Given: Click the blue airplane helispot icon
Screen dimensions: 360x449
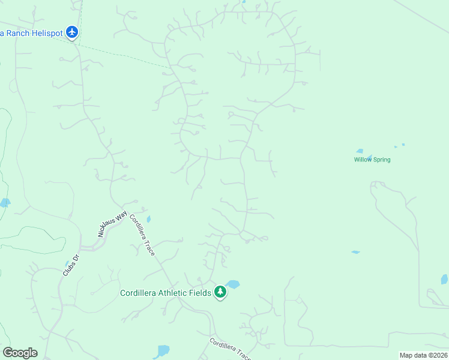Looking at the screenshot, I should pyautogui.click(x=73, y=32).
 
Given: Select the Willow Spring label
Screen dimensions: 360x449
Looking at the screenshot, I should pyautogui.click(x=372, y=160).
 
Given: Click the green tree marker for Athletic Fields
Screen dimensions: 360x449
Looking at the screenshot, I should pyautogui.click(x=220, y=292).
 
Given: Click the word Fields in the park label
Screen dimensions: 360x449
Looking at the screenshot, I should pyautogui.click(x=197, y=293).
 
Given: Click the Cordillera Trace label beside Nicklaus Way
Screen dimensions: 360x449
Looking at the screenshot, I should pyautogui.click(x=143, y=235).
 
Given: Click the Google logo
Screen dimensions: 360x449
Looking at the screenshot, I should pyautogui.click(x=20, y=352).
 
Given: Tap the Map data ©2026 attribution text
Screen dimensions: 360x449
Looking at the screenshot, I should pyautogui.click(x=423, y=355).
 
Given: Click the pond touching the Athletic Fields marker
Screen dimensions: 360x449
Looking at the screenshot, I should pyautogui.click(x=233, y=284).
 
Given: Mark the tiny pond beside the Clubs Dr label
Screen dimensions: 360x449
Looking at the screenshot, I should pyautogui.click(x=67, y=263).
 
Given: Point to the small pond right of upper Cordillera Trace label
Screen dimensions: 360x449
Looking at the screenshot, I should pyautogui.click(x=149, y=219).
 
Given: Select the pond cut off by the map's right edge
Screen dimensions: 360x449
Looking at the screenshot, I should pyautogui.click(x=444, y=279).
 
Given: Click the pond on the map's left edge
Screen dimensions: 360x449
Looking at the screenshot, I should pyautogui.click(x=5, y=203).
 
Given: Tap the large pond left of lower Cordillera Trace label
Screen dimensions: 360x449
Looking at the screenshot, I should pyautogui.click(x=162, y=351).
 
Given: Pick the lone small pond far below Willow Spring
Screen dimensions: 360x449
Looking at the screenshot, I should pyautogui.click(x=355, y=252).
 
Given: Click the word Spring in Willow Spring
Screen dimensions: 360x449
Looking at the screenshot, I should pyautogui.click(x=381, y=160).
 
